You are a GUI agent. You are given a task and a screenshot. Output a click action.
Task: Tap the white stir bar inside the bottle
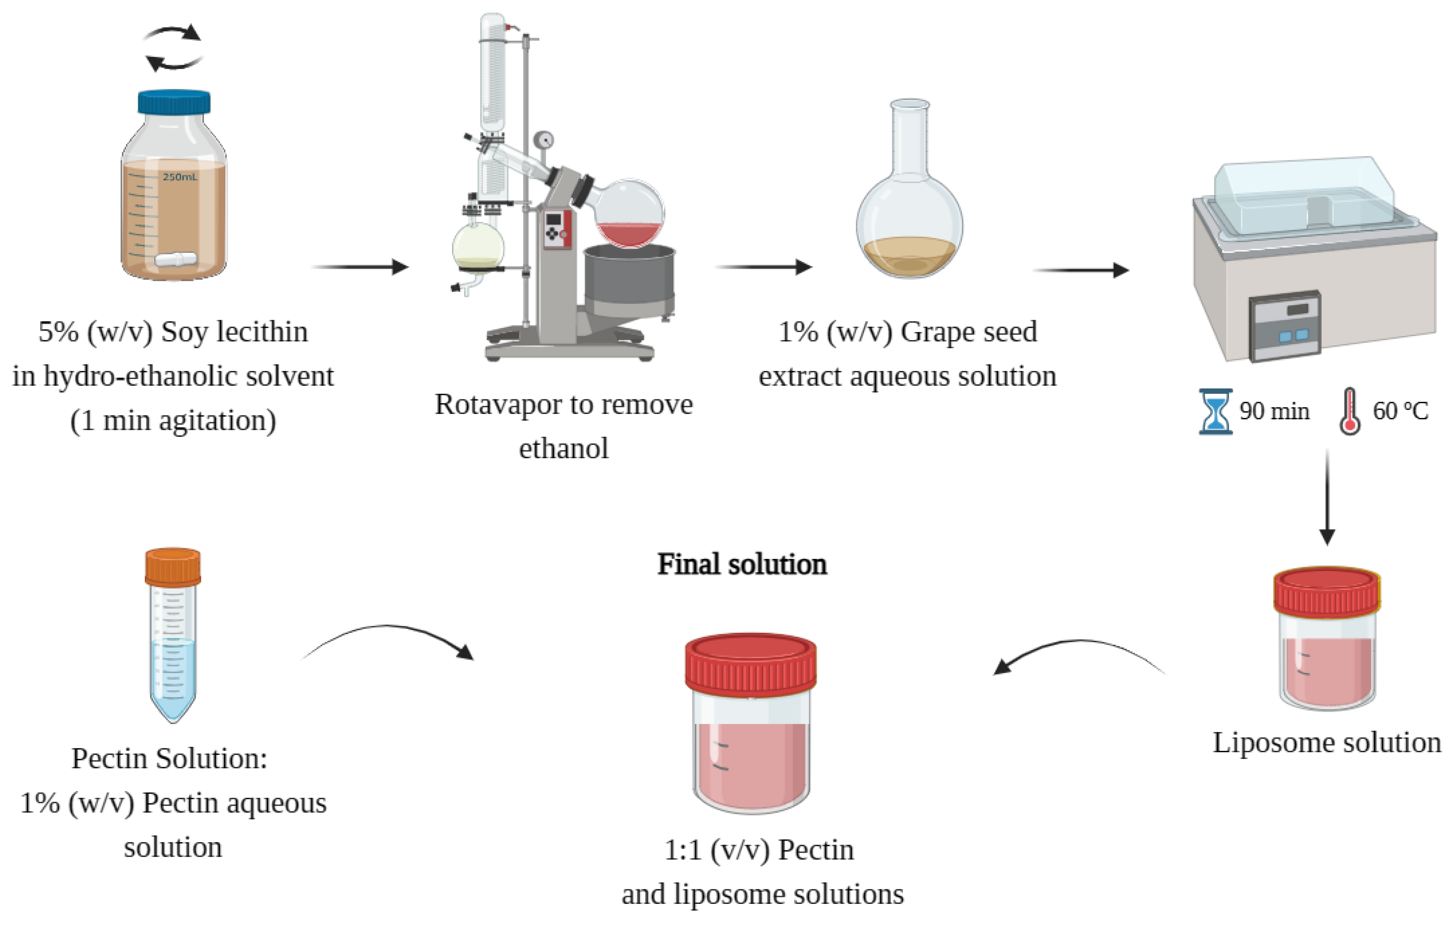176,260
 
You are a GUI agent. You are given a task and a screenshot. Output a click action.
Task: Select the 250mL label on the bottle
180,177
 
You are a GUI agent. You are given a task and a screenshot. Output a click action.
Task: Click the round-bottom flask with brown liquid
909,229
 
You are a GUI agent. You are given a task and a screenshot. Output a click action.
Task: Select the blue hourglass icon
1215,411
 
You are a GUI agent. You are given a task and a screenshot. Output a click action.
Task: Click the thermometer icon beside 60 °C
1350,411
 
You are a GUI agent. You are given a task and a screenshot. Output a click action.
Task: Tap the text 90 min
1274,411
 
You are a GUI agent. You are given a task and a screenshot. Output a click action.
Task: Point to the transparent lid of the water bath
1304,187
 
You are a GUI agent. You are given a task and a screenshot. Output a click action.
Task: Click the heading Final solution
742,564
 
